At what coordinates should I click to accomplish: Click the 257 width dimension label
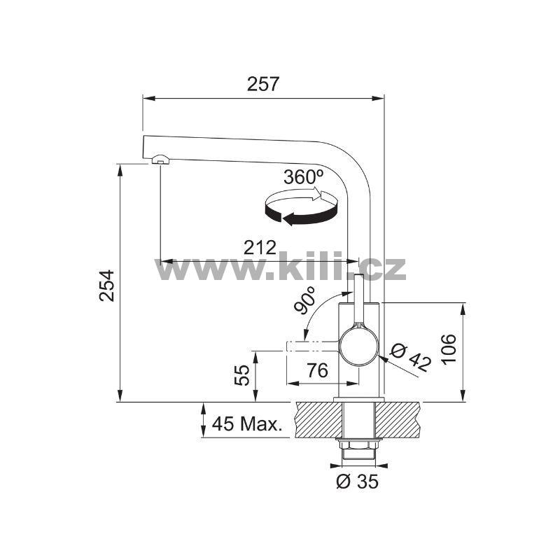pyautogui.click(x=262, y=84)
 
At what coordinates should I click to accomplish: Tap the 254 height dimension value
pyautogui.click(x=106, y=286)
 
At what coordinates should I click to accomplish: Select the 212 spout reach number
pyautogui.click(x=260, y=247)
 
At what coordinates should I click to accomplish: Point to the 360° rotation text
pyautogui.click(x=304, y=176)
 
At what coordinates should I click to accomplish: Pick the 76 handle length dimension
pyautogui.click(x=318, y=370)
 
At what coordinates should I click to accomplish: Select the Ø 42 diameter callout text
pyautogui.click(x=411, y=358)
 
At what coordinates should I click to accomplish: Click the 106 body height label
pyautogui.click(x=449, y=349)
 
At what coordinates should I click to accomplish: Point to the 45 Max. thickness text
pyautogui.click(x=247, y=424)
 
